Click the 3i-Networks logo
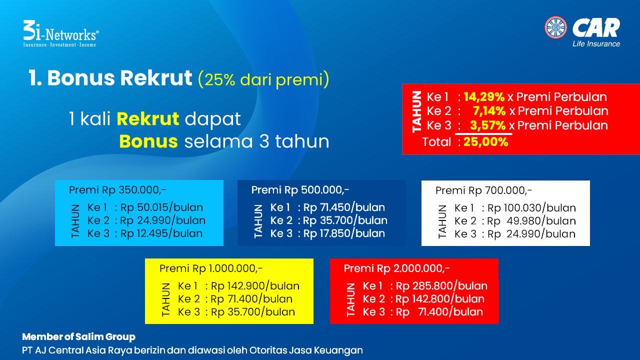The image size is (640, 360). click(x=61, y=33)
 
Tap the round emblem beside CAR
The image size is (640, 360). click(x=555, y=27)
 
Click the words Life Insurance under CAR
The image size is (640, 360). click(x=596, y=43)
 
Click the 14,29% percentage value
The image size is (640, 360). click(x=484, y=97)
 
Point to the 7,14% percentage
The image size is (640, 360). click(x=489, y=111)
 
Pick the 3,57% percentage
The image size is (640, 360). click(x=487, y=125)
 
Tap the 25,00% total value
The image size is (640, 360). click(x=485, y=141)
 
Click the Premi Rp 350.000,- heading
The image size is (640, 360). click(x=117, y=190)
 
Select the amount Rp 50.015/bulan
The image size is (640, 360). click(x=161, y=207)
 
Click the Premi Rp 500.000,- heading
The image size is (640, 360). click(x=300, y=190)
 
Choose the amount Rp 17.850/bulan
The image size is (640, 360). click(x=344, y=233)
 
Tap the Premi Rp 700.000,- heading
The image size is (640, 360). click(x=483, y=190)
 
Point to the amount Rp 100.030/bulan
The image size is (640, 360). click(x=531, y=208)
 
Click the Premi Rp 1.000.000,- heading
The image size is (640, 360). click(x=211, y=268)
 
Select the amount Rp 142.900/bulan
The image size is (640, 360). click(x=255, y=286)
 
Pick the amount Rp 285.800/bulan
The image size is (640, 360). click(x=441, y=286)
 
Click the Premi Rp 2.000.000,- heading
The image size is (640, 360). click(x=396, y=268)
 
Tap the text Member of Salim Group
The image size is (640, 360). click(x=78, y=337)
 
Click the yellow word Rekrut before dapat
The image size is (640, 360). click(x=147, y=119)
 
